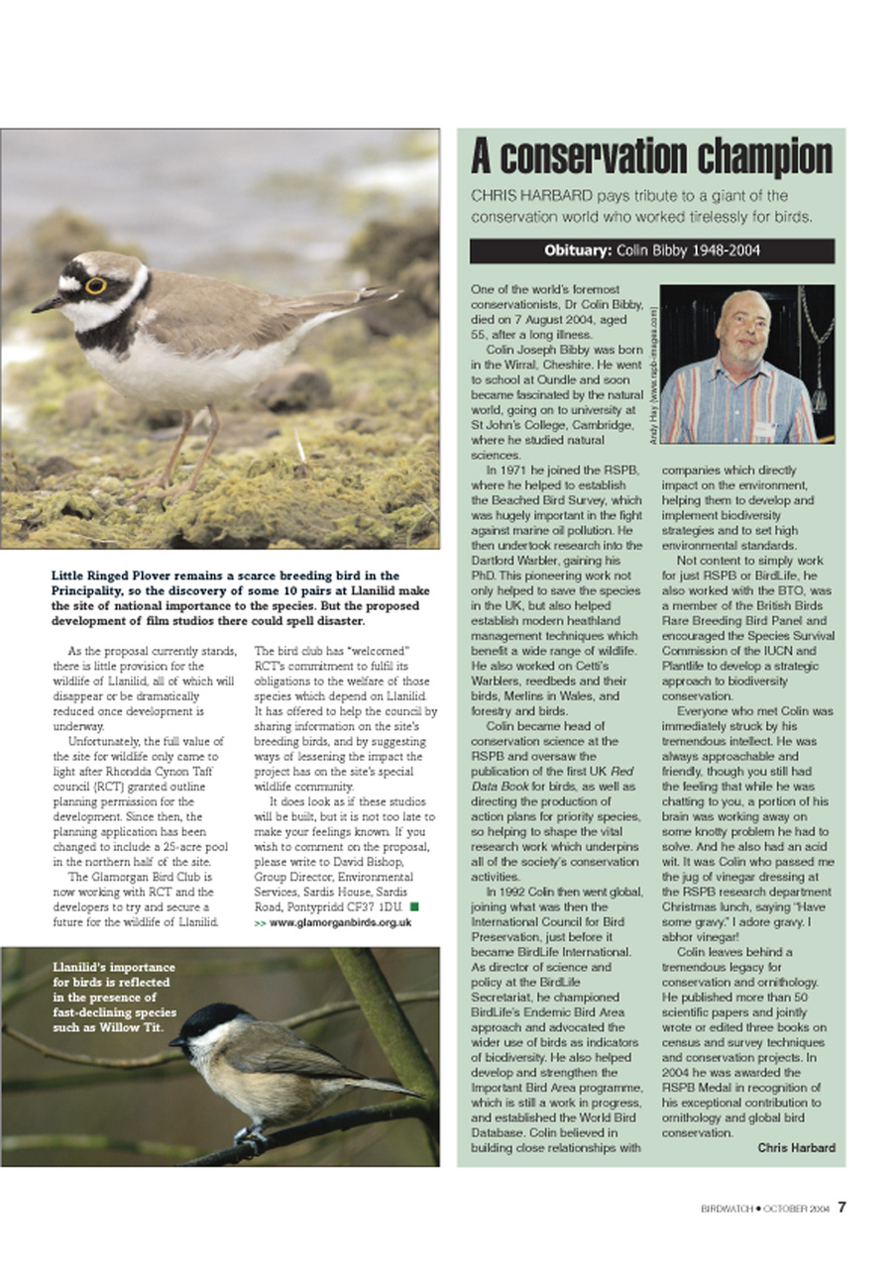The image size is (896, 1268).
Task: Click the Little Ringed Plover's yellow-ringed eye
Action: [96, 285]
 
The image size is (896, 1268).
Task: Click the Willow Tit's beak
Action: [175, 1041]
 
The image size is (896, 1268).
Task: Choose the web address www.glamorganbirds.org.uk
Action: [340, 922]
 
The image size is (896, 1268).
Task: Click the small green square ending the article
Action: [413, 906]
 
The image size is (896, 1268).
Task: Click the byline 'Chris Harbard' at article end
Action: [796, 1148]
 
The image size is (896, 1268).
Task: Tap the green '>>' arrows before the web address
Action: [260, 922]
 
